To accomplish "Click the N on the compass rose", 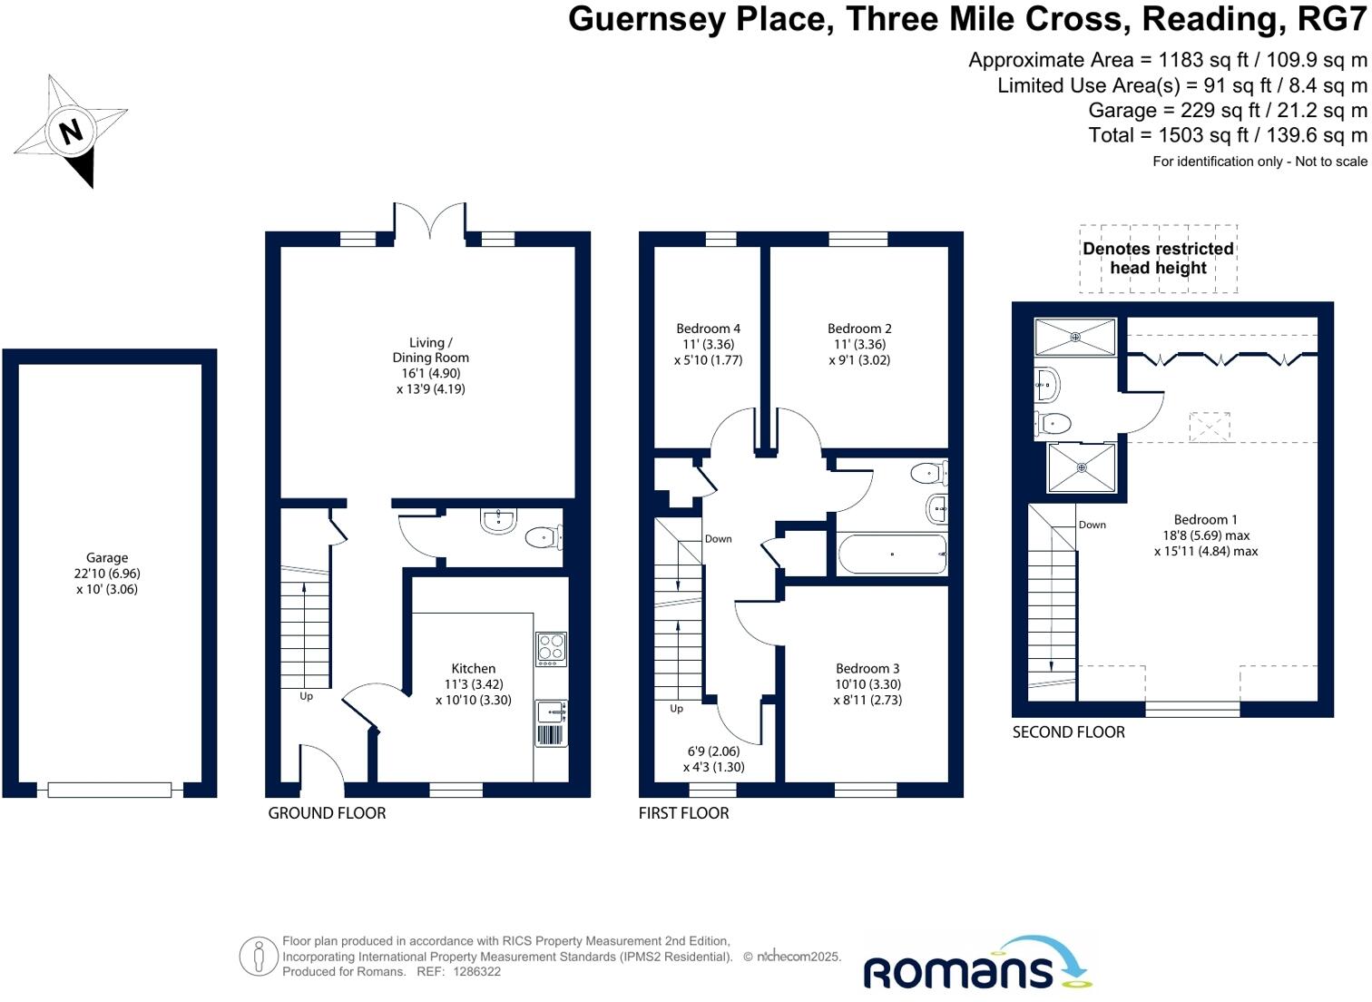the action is [71, 132].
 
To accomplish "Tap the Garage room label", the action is [107, 557].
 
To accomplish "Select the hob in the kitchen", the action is [551, 649].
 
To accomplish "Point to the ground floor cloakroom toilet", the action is [544, 537].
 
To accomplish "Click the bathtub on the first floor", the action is [892, 555].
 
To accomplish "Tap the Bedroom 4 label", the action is [708, 329].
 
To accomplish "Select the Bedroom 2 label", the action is [859, 329].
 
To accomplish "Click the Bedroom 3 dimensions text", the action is [867, 693].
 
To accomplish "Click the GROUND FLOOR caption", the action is [327, 813].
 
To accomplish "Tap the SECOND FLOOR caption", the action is [1069, 732].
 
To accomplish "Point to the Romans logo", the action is [977, 962].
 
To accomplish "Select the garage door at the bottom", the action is [110, 791].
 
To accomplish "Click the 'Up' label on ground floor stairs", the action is [307, 696].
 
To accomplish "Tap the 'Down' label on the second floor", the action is [1093, 525].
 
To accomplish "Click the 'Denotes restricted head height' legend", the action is [1158, 259].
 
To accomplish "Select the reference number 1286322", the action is [476, 971].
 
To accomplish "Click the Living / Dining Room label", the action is [431, 349].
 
